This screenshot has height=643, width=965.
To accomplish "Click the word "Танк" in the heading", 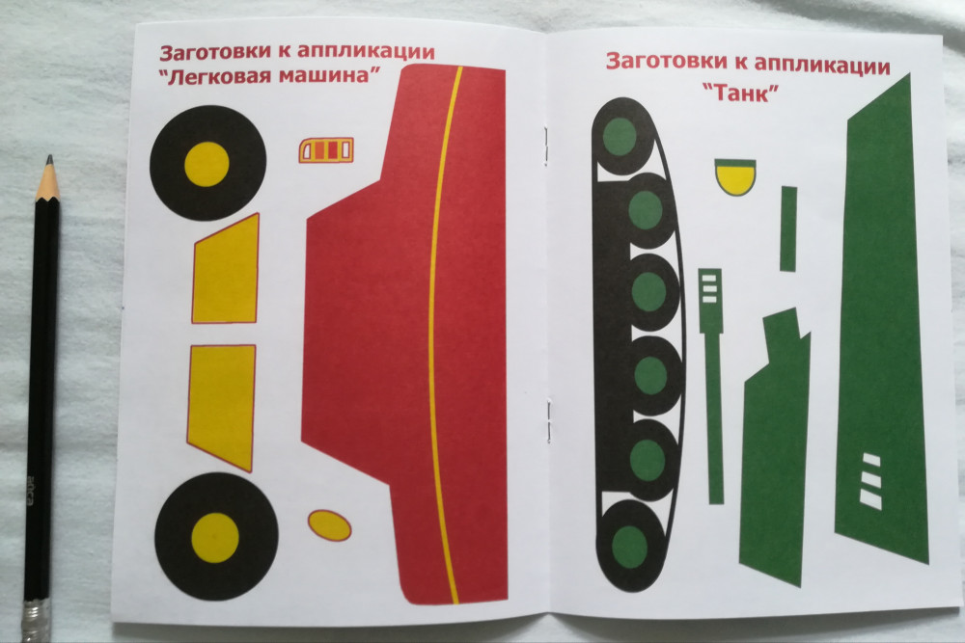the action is click(741, 94).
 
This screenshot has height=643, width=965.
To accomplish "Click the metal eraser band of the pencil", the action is click(35, 622).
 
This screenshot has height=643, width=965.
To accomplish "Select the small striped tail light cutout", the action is click(327, 150).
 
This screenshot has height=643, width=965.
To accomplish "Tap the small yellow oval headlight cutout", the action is click(329, 525).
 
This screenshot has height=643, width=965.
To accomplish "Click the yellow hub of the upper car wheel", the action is click(207, 164).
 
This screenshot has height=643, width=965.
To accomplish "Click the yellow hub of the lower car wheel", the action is click(215, 538).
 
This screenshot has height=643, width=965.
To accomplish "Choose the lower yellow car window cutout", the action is click(222, 405).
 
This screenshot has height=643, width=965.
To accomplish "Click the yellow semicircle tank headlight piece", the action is click(735, 176).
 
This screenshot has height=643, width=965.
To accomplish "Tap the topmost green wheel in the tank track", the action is click(620, 136).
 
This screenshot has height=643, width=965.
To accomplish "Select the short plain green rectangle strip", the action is click(788, 228).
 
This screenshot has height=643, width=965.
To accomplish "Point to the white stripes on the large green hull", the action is click(870, 480).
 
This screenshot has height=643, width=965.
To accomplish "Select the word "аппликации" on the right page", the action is click(821, 66).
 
